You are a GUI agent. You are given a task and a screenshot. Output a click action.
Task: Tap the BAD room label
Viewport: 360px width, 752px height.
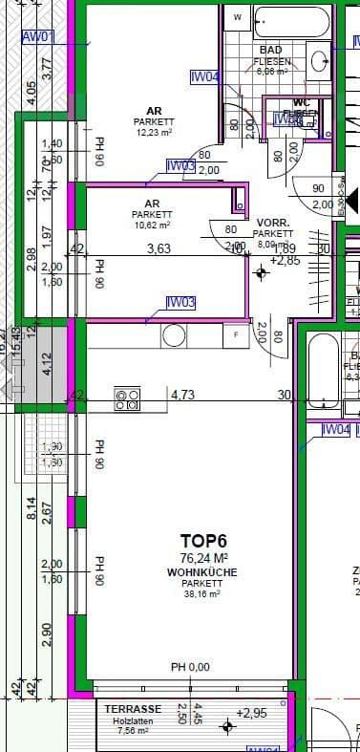coord(270,50)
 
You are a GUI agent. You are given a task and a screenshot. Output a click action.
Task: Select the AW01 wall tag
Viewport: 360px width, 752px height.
coord(38,38)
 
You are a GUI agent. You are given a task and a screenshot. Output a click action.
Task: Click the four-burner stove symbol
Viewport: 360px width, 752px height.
coord(127,397)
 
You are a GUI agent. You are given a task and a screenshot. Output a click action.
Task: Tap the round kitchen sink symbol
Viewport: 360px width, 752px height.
coord(174,336)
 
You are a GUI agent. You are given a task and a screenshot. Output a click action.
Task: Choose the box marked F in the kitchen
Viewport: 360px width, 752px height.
coord(235,335)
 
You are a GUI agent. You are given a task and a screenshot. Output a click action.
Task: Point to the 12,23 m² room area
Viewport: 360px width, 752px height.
coord(153,133)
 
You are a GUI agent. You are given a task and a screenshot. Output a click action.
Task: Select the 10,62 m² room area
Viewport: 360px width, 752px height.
coord(152,226)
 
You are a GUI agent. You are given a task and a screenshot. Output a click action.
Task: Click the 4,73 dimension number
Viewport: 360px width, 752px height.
coord(182,393)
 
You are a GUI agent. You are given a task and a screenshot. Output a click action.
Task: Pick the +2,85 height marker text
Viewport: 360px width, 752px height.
coord(286,260)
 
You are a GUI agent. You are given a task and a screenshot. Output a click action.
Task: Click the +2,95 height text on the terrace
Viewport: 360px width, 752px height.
coord(251,713)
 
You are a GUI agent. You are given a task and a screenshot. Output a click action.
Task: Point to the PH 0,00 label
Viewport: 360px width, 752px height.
coord(190,667)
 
